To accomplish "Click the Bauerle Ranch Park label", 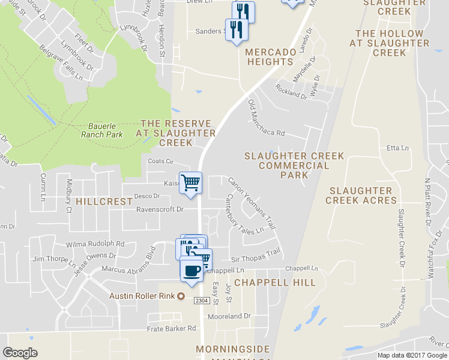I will coord(102,130).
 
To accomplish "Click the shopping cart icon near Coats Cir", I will coord(191,183).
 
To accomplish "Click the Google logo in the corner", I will coord(20,353).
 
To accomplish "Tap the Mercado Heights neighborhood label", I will coord(270,57).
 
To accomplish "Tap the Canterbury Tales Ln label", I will coord(244,214).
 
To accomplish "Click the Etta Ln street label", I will coord(398,148).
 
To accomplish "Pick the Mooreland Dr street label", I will coord(229,316).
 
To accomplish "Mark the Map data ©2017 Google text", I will coord(411,355).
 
